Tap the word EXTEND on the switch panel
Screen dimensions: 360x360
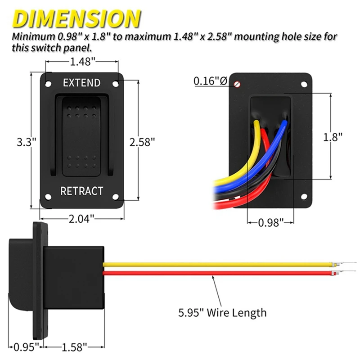(81, 83)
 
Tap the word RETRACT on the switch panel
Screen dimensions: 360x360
(81, 191)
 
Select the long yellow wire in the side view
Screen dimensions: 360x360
(225, 264)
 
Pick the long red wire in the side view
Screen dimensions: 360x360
(225, 272)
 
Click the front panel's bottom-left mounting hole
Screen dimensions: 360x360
(47, 197)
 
